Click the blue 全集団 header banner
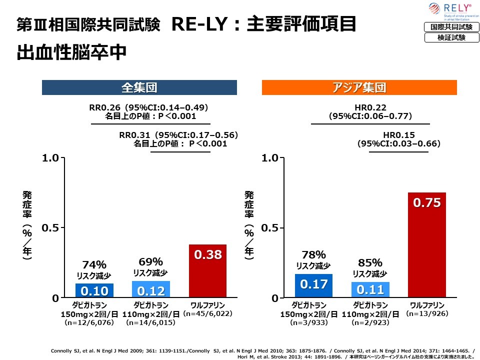click(139, 88)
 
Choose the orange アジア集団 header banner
click(359, 88)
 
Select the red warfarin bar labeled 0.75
click(426, 245)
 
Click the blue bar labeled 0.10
click(94, 290)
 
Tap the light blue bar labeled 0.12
click(151, 289)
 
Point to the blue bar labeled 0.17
click(313, 285)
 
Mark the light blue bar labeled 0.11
click(370, 289)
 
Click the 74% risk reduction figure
click(94, 264)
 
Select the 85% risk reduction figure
click(370, 262)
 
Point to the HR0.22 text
click(370, 107)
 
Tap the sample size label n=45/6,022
click(207, 314)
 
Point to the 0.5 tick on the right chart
click(270, 228)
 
